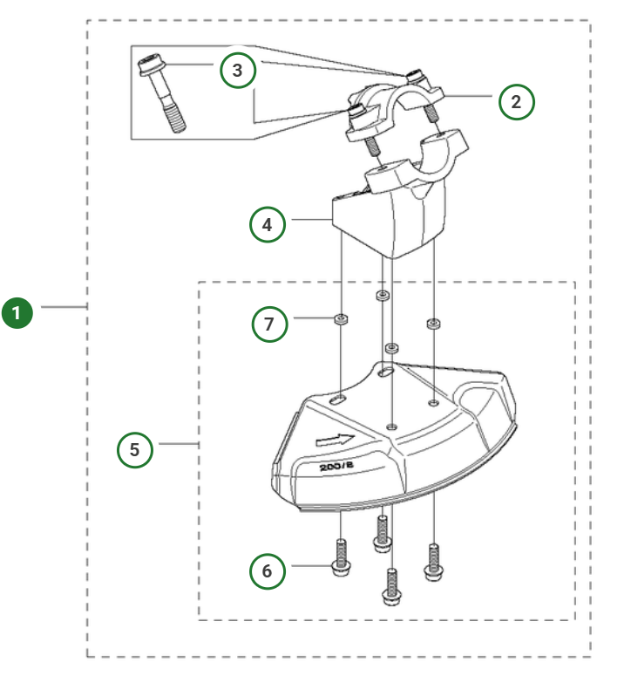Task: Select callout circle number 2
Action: pyautogui.click(x=516, y=102)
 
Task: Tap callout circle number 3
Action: pyautogui.click(x=238, y=71)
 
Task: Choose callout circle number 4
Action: pyautogui.click(x=268, y=224)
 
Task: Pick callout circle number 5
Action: pyautogui.click(x=135, y=449)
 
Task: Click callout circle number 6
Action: pyautogui.click(x=268, y=570)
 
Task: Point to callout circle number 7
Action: pyautogui.click(x=268, y=324)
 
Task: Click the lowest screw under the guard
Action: pyautogui.click(x=391, y=587)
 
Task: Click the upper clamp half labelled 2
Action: pyautogui.click(x=397, y=106)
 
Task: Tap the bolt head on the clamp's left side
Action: pyautogui.click(x=356, y=113)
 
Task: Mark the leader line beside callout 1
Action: pyautogui.click(x=64, y=307)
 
